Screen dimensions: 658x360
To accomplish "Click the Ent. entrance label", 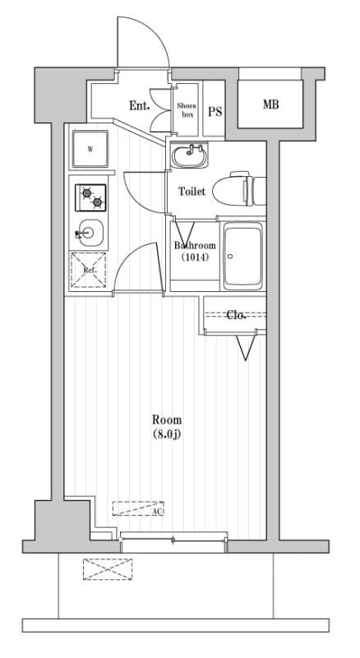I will (x=138, y=105).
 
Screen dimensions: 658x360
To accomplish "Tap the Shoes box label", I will (x=187, y=110).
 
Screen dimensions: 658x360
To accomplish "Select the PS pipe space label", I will (x=215, y=112).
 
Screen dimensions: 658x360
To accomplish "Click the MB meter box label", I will (x=270, y=104).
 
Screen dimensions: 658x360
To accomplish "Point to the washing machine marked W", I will (x=90, y=150).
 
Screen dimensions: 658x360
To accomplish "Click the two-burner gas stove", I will (x=91, y=197).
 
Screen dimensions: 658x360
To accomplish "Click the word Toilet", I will (x=192, y=192).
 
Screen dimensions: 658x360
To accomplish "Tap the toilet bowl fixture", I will (x=237, y=191).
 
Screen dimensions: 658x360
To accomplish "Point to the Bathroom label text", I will (x=195, y=246).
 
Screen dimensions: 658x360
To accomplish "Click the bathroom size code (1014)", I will (x=195, y=257).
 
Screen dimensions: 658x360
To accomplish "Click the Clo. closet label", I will (x=237, y=314).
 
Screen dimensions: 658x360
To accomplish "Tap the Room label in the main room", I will (x=166, y=419).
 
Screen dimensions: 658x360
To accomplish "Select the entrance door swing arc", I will (x=144, y=41).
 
